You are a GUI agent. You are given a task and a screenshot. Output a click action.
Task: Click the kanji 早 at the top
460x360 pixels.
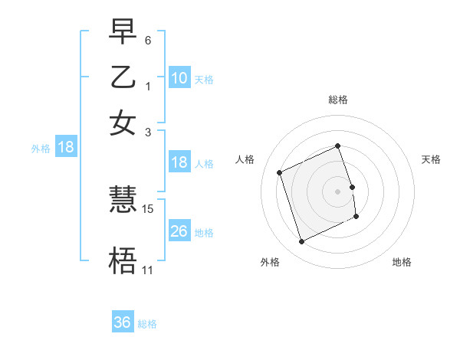[x=123, y=31]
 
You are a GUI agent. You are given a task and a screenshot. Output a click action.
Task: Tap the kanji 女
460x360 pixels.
[x=123, y=123]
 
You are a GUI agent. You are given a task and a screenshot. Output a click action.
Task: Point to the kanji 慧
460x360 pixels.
[x=123, y=201]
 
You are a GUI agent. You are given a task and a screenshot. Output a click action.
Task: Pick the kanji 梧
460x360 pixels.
[x=123, y=261]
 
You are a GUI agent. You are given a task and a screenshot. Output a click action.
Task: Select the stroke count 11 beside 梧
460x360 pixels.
[x=147, y=270]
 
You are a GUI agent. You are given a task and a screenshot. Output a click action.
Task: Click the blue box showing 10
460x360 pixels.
[x=179, y=78]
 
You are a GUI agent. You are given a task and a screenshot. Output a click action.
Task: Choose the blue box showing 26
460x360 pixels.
[x=179, y=231]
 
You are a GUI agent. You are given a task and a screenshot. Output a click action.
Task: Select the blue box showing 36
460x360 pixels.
[x=122, y=322]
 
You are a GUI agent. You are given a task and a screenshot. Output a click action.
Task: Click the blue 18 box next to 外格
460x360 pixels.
[x=65, y=147]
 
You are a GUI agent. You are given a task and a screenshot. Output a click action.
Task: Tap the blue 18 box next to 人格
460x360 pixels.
[x=179, y=162]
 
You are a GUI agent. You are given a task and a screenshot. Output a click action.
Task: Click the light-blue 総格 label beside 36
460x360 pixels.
[x=147, y=324]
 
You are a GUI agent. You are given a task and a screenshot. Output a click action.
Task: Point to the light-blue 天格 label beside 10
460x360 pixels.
[x=204, y=79]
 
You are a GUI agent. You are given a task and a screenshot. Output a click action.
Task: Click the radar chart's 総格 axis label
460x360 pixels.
[x=338, y=99]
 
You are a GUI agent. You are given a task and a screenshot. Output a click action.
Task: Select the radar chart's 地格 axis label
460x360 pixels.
[x=402, y=262]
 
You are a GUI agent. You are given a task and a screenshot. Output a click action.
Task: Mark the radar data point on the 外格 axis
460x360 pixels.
[x=301, y=242]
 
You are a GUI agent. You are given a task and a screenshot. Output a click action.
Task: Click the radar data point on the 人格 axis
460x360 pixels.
[x=281, y=172]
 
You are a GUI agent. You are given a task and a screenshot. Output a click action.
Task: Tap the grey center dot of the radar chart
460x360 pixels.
[x=338, y=191]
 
